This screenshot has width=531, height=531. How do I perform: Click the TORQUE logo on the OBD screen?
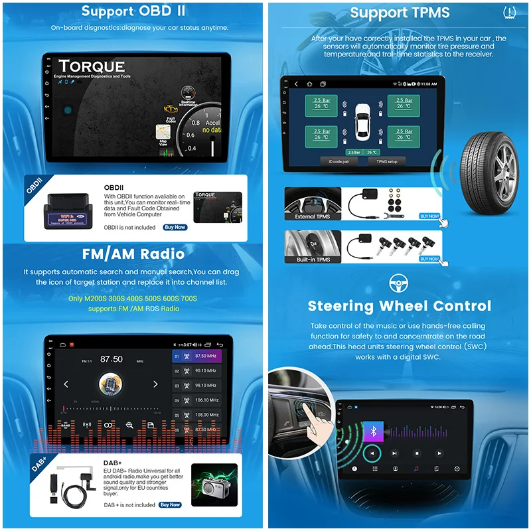(91, 67)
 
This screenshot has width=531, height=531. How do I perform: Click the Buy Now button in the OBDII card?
(175, 227)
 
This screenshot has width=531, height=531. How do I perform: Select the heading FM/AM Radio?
(133, 254)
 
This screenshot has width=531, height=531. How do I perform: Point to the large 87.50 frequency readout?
(111, 359)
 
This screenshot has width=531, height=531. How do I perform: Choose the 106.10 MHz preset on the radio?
(200, 400)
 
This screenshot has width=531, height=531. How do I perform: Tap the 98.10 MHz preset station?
(200, 386)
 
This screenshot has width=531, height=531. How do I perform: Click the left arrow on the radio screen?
(66, 384)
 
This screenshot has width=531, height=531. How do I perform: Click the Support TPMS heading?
(400, 13)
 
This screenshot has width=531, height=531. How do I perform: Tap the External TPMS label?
(313, 216)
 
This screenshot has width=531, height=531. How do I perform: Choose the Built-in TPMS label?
(313, 260)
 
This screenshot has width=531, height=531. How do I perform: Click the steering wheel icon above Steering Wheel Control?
(399, 285)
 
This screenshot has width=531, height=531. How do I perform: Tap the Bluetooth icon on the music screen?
(373, 431)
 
